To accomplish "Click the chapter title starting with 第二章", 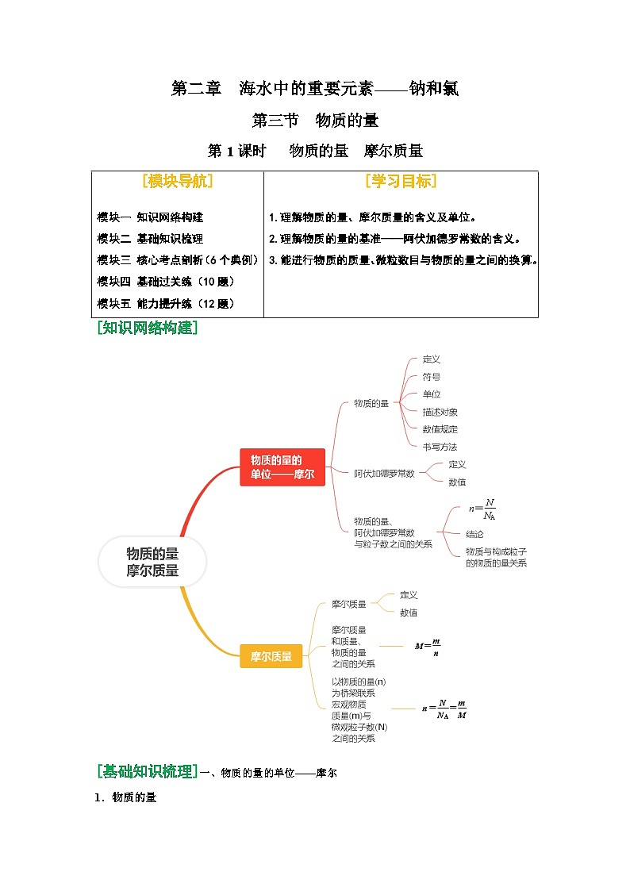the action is pos(315,89).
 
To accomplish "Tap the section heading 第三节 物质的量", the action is pos(315,121).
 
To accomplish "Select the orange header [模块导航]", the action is pos(178,182).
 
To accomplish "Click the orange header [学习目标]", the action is pos(401,182).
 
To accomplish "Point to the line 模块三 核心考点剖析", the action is pos(179,259).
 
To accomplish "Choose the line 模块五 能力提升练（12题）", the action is pos(166,303).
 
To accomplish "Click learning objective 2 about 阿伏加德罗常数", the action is pos(394,238).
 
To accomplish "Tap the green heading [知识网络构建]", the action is pos(147,328).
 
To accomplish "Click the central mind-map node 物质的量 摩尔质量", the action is pos(152,562).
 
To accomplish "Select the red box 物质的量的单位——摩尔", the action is pos(282,467).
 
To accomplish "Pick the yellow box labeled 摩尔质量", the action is pos(271,656).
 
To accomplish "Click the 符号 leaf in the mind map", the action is pos(432,377).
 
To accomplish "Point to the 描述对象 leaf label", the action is pos(440,412).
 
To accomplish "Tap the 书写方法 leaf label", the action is pos(440,447).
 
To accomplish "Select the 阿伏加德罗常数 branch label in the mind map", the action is pos(384,473).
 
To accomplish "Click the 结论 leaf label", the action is pos(474,534).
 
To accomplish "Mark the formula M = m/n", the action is pos(428,647).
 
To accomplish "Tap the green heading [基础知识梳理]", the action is pos(147,771).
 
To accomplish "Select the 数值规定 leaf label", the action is pos(440,429).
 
